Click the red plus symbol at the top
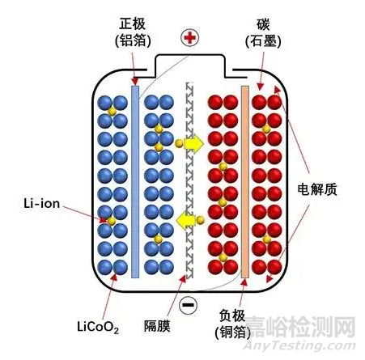tap(190, 37)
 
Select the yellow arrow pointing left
tap(189, 218)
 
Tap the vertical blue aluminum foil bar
tap(134, 178)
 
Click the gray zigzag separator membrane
tap(189, 178)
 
